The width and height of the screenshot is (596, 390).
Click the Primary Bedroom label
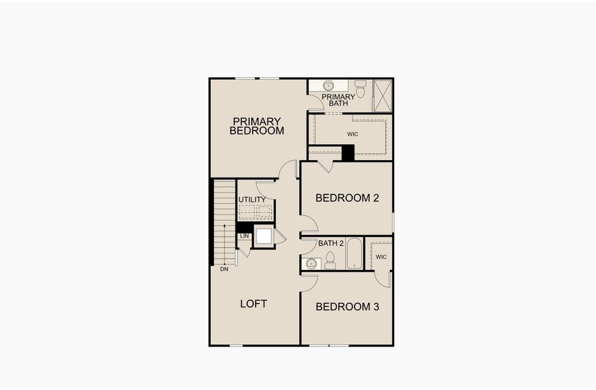[x=257, y=125]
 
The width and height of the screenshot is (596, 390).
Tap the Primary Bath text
[x=338, y=100]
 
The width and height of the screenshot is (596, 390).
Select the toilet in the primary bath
[x=360, y=88]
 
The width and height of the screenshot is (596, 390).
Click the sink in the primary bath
[x=329, y=86]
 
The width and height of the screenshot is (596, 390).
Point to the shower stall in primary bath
[x=383, y=96]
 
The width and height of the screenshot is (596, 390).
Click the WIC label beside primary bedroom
[x=353, y=134]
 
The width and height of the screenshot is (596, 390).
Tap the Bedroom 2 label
[x=347, y=198]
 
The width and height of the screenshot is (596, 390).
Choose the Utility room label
[x=252, y=200]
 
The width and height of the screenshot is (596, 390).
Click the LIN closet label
[x=245, y=235]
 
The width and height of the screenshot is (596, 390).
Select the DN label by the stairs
[x=224, y=268]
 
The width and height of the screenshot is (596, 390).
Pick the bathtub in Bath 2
[x=355, y=253]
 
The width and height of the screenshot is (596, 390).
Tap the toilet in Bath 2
[x=331, y=260]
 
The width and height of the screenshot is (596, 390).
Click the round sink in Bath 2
[x=312, y=263]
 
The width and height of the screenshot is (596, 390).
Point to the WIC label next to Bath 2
[x=381, y=257]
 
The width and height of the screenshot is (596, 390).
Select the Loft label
[x=254, y=304]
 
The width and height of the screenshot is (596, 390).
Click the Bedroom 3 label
[x=347, y=306]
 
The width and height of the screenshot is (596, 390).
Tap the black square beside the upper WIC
[x=347, y=153]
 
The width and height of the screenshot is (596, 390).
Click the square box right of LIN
[x=264, y=236]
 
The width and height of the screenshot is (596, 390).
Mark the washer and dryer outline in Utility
[x=256, y=213]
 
